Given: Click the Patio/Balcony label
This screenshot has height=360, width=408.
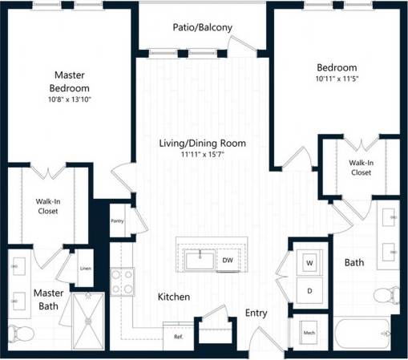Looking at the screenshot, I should [202, 27].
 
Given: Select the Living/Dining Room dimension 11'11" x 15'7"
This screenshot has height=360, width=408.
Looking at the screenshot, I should [202, 156].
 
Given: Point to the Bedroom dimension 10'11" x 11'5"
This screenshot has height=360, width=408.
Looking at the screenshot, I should [336, 79].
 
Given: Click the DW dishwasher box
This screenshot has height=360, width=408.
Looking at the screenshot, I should [228, 260].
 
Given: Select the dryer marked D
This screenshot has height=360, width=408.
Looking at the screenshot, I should [309, 290].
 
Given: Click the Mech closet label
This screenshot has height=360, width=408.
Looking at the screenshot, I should [309, 331].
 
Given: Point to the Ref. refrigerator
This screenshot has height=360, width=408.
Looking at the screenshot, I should [178, 336].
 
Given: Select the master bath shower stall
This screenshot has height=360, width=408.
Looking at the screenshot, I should [88, 322].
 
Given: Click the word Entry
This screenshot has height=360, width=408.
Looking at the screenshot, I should [257, 313].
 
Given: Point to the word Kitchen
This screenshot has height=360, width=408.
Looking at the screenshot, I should [174, 297].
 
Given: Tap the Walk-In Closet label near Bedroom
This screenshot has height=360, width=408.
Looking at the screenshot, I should [360, 167].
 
